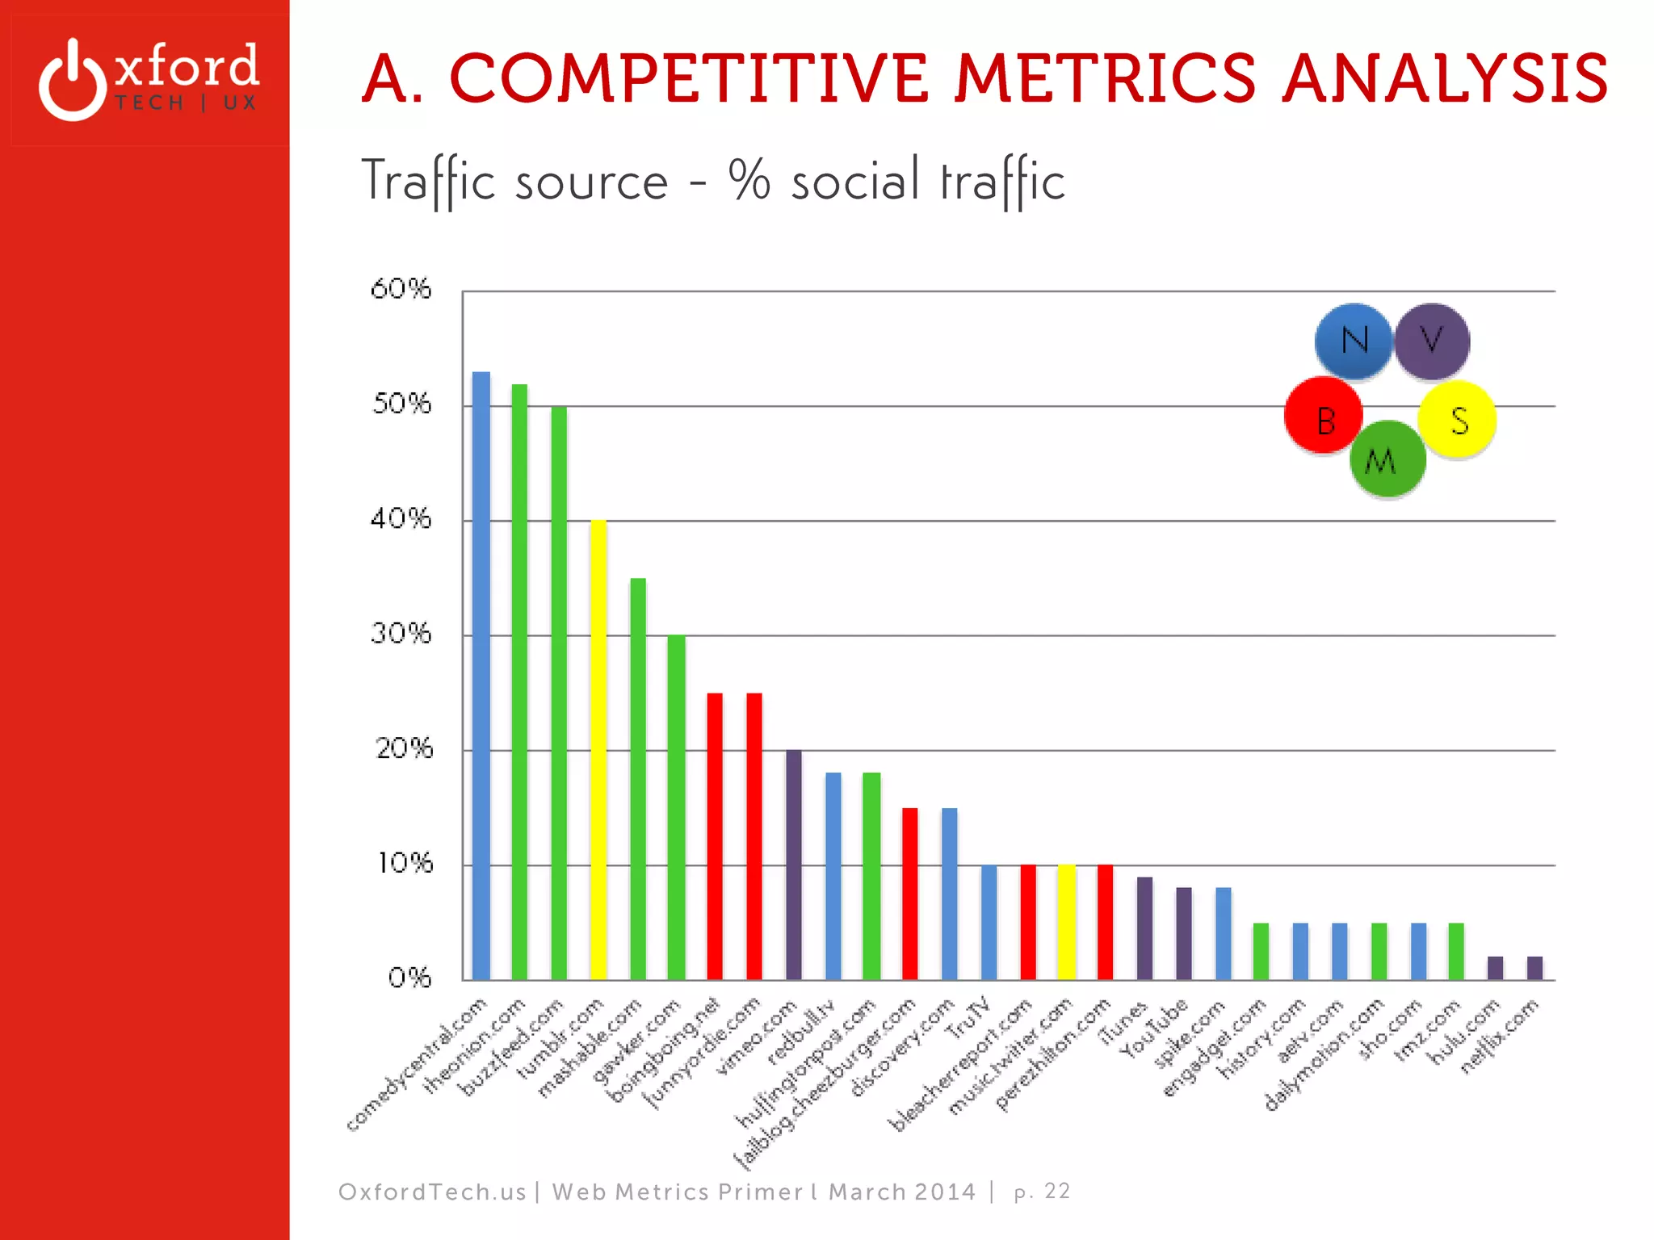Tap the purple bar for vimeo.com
tap(794, 864)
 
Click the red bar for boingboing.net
tap(715, 836)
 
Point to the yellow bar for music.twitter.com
tap(1067, 922)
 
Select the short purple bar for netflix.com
tap(1534, 968)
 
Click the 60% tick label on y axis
tap(401, 289)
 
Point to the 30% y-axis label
tap(401, 634)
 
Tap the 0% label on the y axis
tap(409, 978)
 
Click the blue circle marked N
tap(1354, 341)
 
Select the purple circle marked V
tap(1432, 341)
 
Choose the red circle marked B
tap(1324, 417)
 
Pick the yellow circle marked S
tap(1458, 420)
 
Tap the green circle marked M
tap(1387, 459)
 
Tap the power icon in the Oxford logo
tap(73, 81)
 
